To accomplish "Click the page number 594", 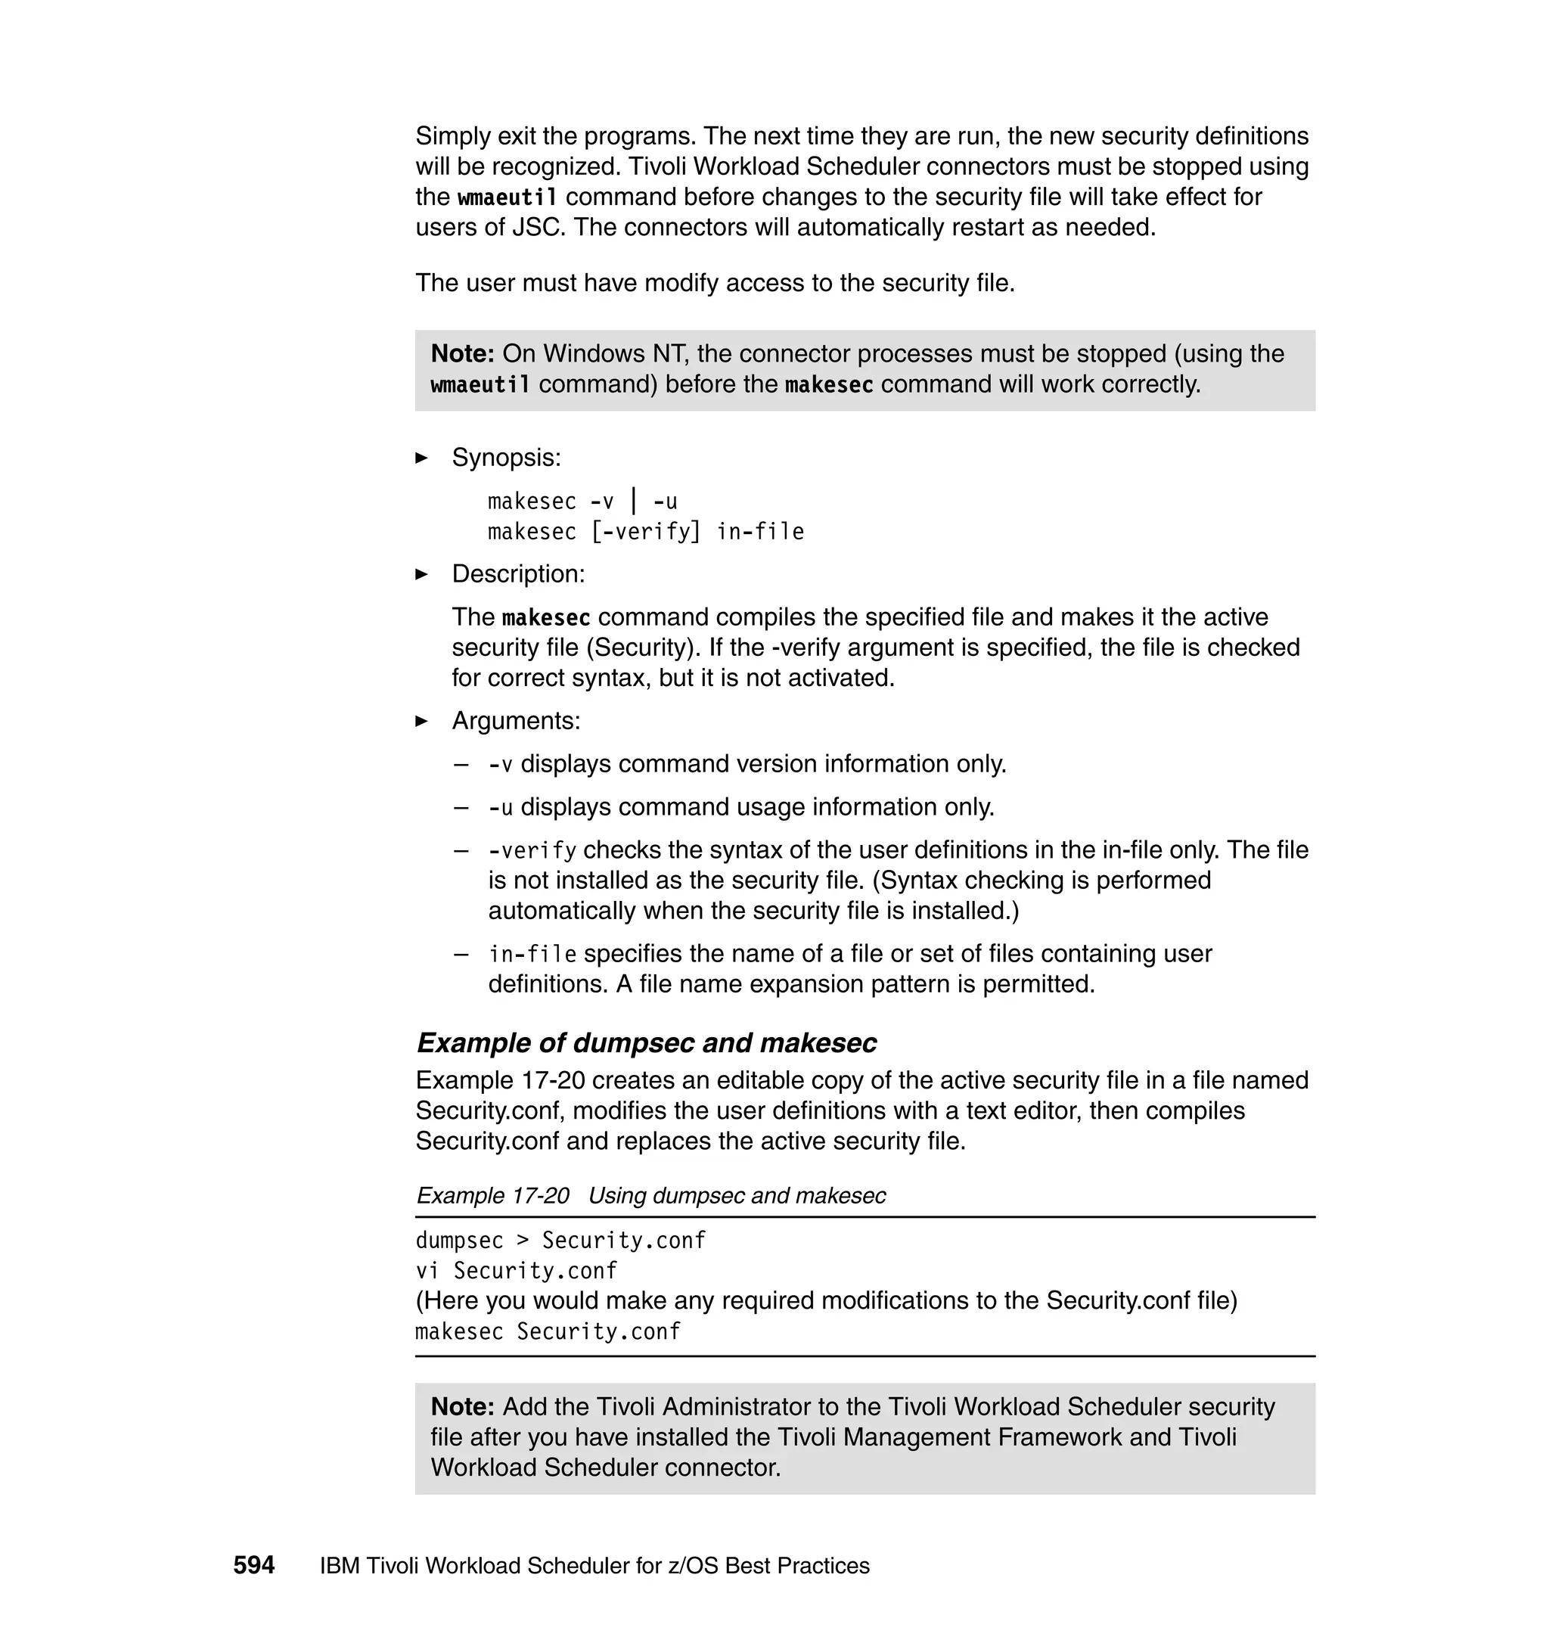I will click(x=253, y=1565).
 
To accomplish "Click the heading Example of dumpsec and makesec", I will click(x=646, y=1043).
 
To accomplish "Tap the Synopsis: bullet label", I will click(x=506, y=458).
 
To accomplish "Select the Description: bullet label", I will click(x=517, y=574).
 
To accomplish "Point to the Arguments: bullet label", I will click(x=516, y=721).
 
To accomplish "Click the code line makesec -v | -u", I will click(x=582, y=502).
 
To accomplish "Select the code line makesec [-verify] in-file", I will click(x=646, y=532).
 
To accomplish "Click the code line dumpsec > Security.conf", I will click(x=560, y=1241).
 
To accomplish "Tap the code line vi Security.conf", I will click(x=516, y=1270).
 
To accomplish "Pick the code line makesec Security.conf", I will click(x=548, y=1331).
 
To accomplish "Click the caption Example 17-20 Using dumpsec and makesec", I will click(x=650, y=1196).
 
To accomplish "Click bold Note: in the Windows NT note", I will click(x=462, y=353).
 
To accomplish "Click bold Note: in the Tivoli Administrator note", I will click(x=462, y=1406).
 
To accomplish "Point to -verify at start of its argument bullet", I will click(x=532, y=850).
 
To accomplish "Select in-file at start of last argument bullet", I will click(x=532, y=955).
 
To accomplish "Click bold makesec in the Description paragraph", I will click(x=546, y=618).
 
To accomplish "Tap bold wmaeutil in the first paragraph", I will click(x=507, y=197).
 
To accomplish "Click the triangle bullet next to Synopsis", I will click(x=421, y=458).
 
